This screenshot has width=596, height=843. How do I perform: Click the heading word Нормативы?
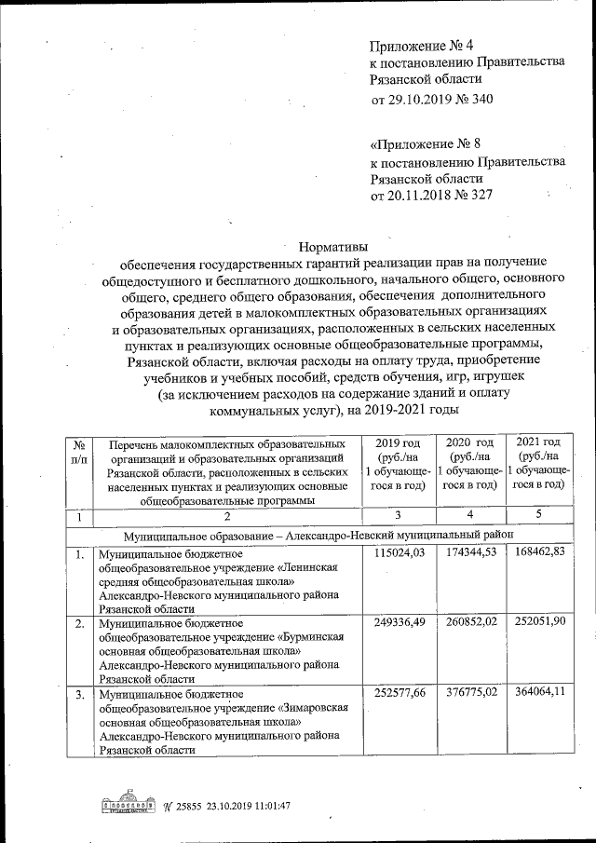332,247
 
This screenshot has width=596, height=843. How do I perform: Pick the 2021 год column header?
538,463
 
